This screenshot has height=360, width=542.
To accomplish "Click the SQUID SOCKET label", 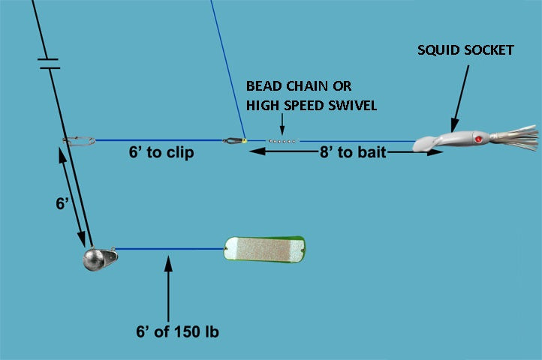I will [x=465, y=51].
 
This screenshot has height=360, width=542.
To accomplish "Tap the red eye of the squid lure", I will [x=477, y=139].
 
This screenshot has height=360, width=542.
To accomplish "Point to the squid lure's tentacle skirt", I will [x=517, y=137].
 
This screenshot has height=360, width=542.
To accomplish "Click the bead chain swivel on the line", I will [x=282, y=140].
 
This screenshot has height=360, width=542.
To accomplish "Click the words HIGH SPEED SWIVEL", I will [x=312, y=105].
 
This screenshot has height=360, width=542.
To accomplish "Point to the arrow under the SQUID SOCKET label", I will [x=460, y=96].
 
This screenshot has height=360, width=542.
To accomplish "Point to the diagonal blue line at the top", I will [x=227, y=67].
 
